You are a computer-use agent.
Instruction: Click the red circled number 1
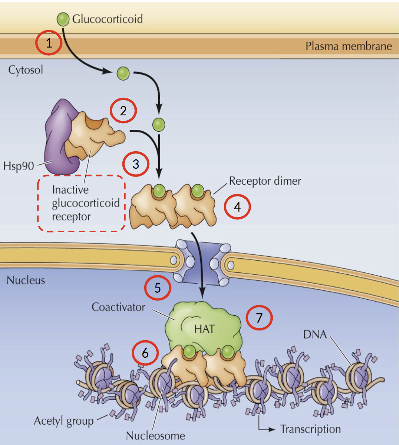[49, 43]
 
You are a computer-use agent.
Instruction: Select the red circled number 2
[123, 111]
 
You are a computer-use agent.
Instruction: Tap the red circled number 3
[136, 164]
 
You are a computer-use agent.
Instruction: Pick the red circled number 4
[237, 207]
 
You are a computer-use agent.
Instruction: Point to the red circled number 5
[157, 288]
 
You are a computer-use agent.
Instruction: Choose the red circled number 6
[145, 353]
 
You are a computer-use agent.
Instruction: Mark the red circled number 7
[259, 318]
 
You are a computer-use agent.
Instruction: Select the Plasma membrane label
[348, 46]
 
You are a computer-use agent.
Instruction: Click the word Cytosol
[25, 70]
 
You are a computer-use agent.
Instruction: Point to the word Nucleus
[26, 280]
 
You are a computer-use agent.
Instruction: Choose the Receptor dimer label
[265, 181]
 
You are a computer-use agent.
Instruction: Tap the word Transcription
[310, 429]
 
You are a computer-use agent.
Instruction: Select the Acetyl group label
[64, 421]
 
